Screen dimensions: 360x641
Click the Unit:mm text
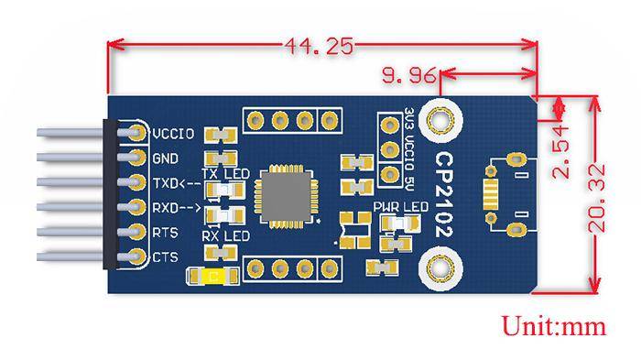(555, 325)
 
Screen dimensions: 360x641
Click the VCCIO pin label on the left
(174, 133)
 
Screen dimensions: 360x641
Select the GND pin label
(167, 158)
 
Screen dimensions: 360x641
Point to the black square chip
(287, 194)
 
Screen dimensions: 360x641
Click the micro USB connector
(507, 195)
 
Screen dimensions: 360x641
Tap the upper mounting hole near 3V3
(442, 120)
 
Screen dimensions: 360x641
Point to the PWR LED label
(401, 207)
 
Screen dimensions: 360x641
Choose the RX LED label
(225, 236)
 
